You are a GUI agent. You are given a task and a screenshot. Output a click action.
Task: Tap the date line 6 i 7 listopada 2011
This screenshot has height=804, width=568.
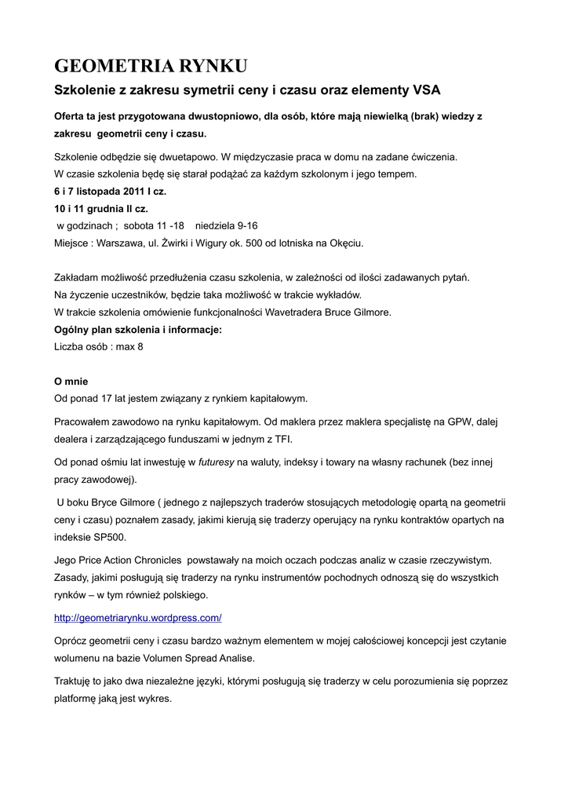click(x=110, y=192)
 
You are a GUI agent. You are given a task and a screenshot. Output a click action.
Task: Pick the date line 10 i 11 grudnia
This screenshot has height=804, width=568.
click(x=100, y=209)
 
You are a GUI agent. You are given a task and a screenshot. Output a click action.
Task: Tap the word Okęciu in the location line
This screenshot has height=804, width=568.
click(x=345, y=243)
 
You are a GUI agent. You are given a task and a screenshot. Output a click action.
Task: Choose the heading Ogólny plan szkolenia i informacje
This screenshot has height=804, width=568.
click(x=137, y=330)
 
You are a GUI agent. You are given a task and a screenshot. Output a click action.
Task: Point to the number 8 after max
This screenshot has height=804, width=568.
click(x=140, y=347)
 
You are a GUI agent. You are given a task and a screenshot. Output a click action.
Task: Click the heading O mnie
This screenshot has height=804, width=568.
click(x=71, y=381)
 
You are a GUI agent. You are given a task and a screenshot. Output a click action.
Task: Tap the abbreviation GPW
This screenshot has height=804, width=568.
click(x=455, y=422)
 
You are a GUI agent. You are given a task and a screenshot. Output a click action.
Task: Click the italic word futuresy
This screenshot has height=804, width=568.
click(x=217, y=462)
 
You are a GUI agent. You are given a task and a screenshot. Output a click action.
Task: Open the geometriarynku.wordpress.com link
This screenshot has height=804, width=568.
click(x=137, y=618)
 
